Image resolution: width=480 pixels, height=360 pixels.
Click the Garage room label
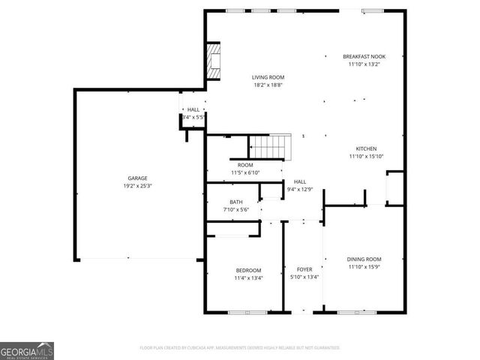(x=136, y=178)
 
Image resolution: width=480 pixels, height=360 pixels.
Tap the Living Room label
(x=267, y=77)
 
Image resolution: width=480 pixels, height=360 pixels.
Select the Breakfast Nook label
(x=364, y=56)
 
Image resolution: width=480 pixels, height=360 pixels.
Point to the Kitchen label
(x=365, y=148)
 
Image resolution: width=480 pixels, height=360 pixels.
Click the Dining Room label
(x=364, y=259)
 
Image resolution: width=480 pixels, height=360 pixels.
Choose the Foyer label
(x=304, y=269)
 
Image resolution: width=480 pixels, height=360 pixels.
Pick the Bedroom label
(x=248, y=270)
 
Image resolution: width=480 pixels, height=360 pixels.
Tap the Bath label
(x=236, y=202)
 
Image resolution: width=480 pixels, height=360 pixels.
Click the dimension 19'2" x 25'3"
(x=136, y=186)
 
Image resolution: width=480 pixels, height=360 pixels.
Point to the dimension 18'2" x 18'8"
(x=267, y=85)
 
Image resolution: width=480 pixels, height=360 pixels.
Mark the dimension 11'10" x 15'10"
(x=365, y=156)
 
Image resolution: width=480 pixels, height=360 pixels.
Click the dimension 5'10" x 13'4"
(x=304, y=277)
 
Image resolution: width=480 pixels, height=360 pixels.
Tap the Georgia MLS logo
(x=27, y=351)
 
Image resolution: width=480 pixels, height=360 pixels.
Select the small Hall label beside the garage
(x=193, y=109)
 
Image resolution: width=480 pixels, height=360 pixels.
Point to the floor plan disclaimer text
(x=240, y=348)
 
